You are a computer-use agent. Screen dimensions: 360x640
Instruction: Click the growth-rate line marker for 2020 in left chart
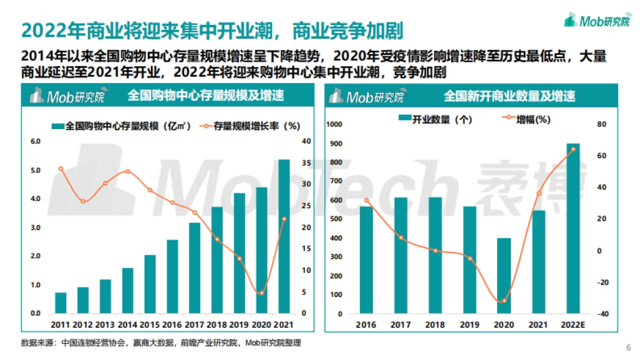(x=261, y=293)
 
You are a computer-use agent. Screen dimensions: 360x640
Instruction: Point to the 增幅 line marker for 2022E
(x=573, y=149)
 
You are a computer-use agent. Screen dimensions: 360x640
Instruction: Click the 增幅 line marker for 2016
(x=366, y=201)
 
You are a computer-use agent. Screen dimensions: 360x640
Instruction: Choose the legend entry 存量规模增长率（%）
(x=250, y=126)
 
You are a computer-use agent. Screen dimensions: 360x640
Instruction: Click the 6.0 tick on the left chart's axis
(x=35, y=141)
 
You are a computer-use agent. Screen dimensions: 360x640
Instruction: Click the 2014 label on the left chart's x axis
(x=127, y=324)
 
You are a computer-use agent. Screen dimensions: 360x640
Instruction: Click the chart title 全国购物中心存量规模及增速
(x=205, y=96)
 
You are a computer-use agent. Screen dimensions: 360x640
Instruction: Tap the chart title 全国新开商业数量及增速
(x=509, y=97)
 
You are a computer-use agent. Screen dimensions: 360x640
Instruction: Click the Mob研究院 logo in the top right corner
(x=597, y=21)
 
